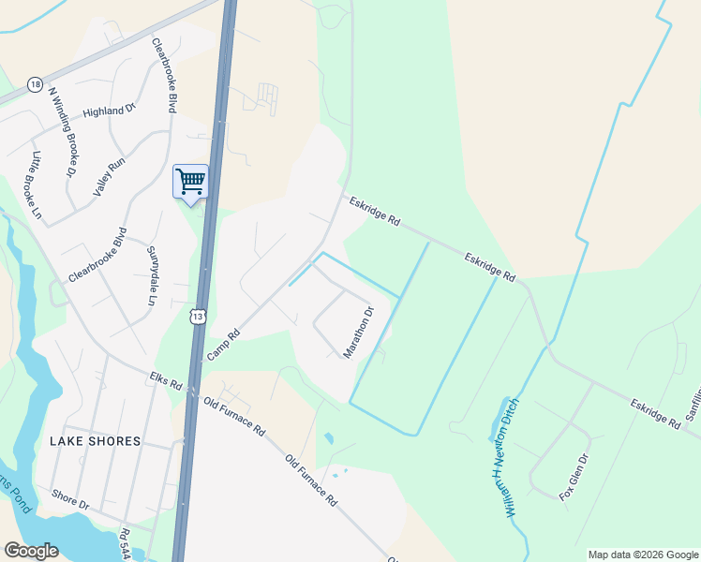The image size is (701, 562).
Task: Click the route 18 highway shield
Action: click(36, 84)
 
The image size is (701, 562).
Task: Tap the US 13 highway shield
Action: click(197, 317)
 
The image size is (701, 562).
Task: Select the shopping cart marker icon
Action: click(190, 180)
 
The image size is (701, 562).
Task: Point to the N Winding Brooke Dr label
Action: click(61, 132)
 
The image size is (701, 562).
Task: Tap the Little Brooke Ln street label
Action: click(37, 185)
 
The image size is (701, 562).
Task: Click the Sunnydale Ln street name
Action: click(151, 275)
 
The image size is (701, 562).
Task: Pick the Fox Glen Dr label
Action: click(574, 477)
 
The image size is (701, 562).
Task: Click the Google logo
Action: click(31, 550)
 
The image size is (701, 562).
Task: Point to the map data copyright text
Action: click(643, 555)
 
